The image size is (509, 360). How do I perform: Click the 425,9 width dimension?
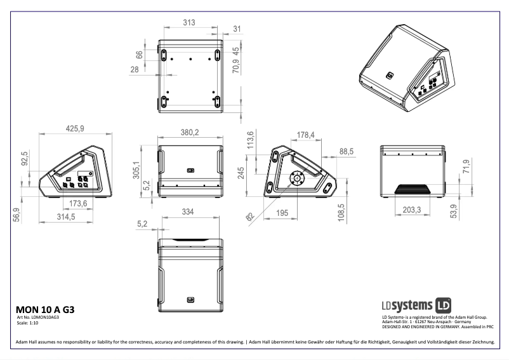pyautogui.click(x=75, y=128)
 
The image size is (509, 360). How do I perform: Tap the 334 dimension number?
pyautogui.click(x=188, y=212)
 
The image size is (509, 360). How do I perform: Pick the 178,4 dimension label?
pyautogui.click(x=306, y=135)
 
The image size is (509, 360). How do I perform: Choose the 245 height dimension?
pyautogui.click(x=241, y=173)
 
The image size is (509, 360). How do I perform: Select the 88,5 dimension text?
pyautogui.click(x=347, y=152)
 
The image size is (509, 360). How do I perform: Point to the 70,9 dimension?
pyautogui.click(x=235, y=63)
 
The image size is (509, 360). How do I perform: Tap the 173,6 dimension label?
pyautogui.click(x=77, y=203)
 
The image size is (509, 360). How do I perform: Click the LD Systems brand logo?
pyautogui.click(x=416, y=303)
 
